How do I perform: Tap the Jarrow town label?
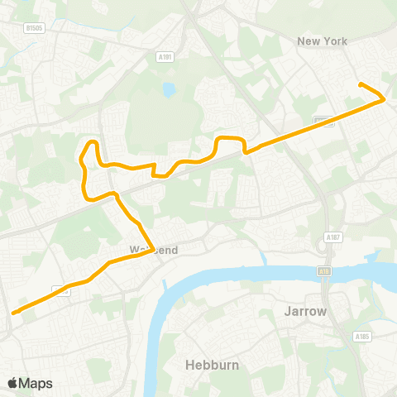[x=306, y=312]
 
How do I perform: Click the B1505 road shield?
[x=34, y=28]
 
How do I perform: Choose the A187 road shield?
[x=333, y=237]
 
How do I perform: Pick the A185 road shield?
[x=361, y=337]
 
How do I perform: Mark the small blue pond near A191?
[x=170, y=88]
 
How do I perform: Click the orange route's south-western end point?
[x=13, y=313]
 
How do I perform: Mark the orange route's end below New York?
[x=360, y=84]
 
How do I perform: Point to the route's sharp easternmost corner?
[x=385, y=99]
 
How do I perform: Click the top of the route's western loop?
[x=93, y=143]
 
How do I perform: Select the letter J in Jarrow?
[x=287, y=312]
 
